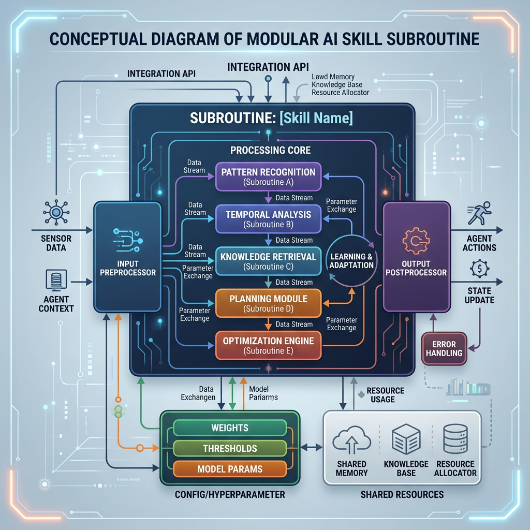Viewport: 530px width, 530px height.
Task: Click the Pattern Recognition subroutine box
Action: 269,177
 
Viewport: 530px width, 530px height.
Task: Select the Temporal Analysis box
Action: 269,219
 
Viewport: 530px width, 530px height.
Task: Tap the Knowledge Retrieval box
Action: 269,261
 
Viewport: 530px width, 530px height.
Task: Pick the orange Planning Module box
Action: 269,303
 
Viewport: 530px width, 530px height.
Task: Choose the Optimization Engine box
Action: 269,345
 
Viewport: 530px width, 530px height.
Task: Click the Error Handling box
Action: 444,348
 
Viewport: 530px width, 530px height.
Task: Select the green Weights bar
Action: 230,428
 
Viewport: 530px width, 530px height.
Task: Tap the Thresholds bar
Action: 230,449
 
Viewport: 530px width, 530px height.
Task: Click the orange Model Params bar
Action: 230,469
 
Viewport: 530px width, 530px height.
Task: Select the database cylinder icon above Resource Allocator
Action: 455,439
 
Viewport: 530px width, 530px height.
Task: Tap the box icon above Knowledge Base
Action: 406,439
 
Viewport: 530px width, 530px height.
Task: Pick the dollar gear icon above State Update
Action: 480,269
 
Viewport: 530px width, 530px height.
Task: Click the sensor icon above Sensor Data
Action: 56,212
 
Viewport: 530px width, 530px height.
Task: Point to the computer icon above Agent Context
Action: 56,280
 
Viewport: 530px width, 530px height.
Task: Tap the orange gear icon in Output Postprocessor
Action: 416,241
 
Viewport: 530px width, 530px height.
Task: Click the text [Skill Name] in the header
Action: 316,118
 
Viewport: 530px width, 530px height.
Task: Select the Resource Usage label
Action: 385,395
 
